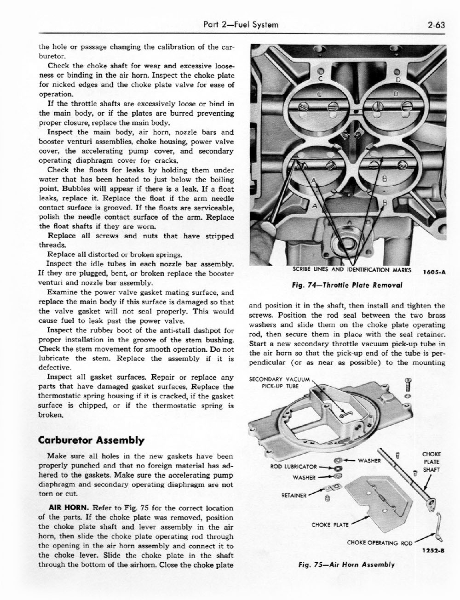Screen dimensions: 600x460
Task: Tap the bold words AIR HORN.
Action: (x=69, y=508)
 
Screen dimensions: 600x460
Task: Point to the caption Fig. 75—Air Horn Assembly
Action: (x=346, y=564)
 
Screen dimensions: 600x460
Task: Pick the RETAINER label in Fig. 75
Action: (x=294, y=495)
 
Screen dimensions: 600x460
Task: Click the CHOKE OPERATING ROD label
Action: (x=380, y=543)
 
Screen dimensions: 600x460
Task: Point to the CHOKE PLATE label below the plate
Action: (x=329, y=524)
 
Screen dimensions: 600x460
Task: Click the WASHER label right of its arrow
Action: (x=370, y=460)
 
